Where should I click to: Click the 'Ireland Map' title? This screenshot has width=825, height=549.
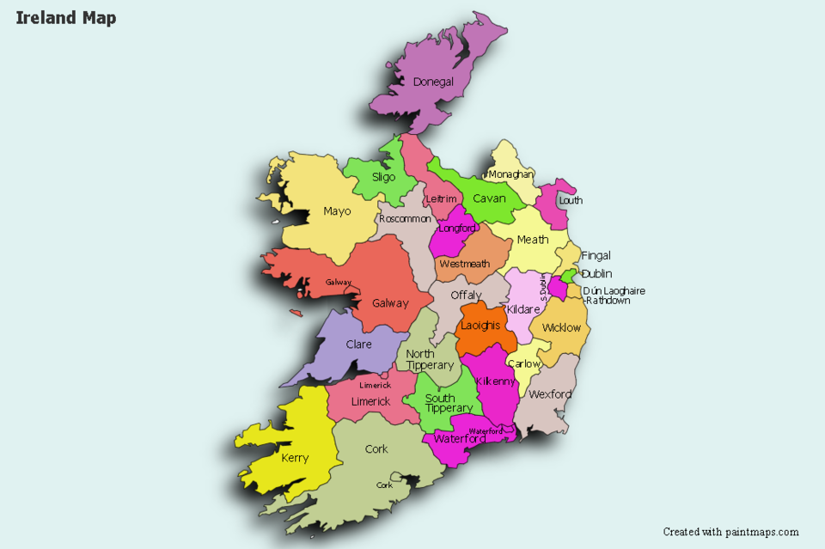pyautogui.click(x=66, y=18)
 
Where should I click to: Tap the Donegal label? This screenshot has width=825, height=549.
pyautogui.click(x=433, y=82)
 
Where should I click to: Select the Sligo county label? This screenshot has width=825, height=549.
pyautogui.click(x=383, y=177)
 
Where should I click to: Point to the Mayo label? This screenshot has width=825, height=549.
pyautogui.click(x=337, y=211)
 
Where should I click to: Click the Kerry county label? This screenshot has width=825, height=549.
pyautogui.click(x=295, y=458)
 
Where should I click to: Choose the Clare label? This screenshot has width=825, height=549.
pyautogui.click(x=358, y=345)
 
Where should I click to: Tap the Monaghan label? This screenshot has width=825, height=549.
pyautogui.click(x=510, y=174)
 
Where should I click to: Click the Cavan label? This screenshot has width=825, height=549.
pyautogui.click(x=489, y=198)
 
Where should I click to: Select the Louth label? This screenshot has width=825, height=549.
pyautogui.click(x=571, y=200)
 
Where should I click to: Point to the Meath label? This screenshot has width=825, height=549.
pyautogui.click(x=532, y=240)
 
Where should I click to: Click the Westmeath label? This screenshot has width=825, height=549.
pyautogui.click(x=464, y=264)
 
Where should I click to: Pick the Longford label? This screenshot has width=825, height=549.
pyautogui.click(x=456, y=229)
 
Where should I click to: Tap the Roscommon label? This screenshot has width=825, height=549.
pyautogui.click(x=405, y=219)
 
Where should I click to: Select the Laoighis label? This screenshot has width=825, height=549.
pyautogui.click(x=480, y=326)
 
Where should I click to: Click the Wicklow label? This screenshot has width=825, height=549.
pyautogui.click(x=561, y=327)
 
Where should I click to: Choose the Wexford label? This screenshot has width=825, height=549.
pyautogui.click(x=550, y=394)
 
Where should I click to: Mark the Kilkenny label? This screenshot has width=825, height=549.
pyautogui.click(x=495, y=381)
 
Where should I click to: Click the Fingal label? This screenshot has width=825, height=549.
pyautogui.click(x=596, y=255)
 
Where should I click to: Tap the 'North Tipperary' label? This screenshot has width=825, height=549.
pyautogui.click(x=430, y=360)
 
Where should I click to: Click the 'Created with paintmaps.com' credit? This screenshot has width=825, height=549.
pyautogui.click(x=730, y=532)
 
